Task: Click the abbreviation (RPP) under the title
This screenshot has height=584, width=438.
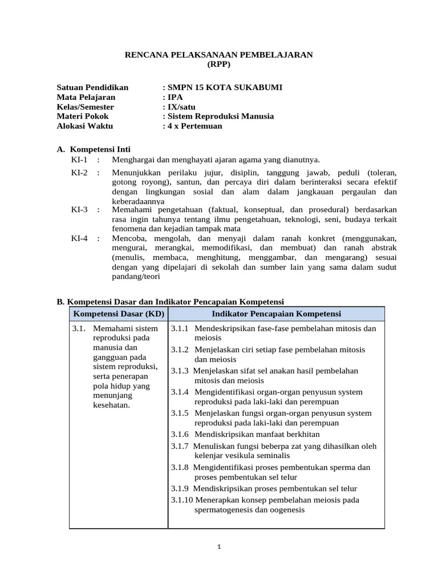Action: (219, 64)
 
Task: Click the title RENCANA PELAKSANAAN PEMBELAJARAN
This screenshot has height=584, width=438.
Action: (219, 55)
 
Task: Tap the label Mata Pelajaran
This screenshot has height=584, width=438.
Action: (86, 97)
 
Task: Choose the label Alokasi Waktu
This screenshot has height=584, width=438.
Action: (85, 126)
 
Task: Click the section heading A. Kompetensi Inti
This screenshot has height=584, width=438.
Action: (94, 149)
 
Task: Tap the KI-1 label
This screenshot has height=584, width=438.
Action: (79, 159)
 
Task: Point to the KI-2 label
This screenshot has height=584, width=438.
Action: (79, 172)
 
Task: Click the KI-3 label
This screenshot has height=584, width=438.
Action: (79, 210)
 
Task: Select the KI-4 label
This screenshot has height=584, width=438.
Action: (79, 238)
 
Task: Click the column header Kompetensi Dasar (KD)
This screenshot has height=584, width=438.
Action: (118, 314)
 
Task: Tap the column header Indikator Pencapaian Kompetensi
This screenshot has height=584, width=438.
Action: (276, 314)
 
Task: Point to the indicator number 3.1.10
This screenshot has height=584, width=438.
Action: (182, 500)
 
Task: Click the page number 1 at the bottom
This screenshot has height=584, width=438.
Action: (219, 546)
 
